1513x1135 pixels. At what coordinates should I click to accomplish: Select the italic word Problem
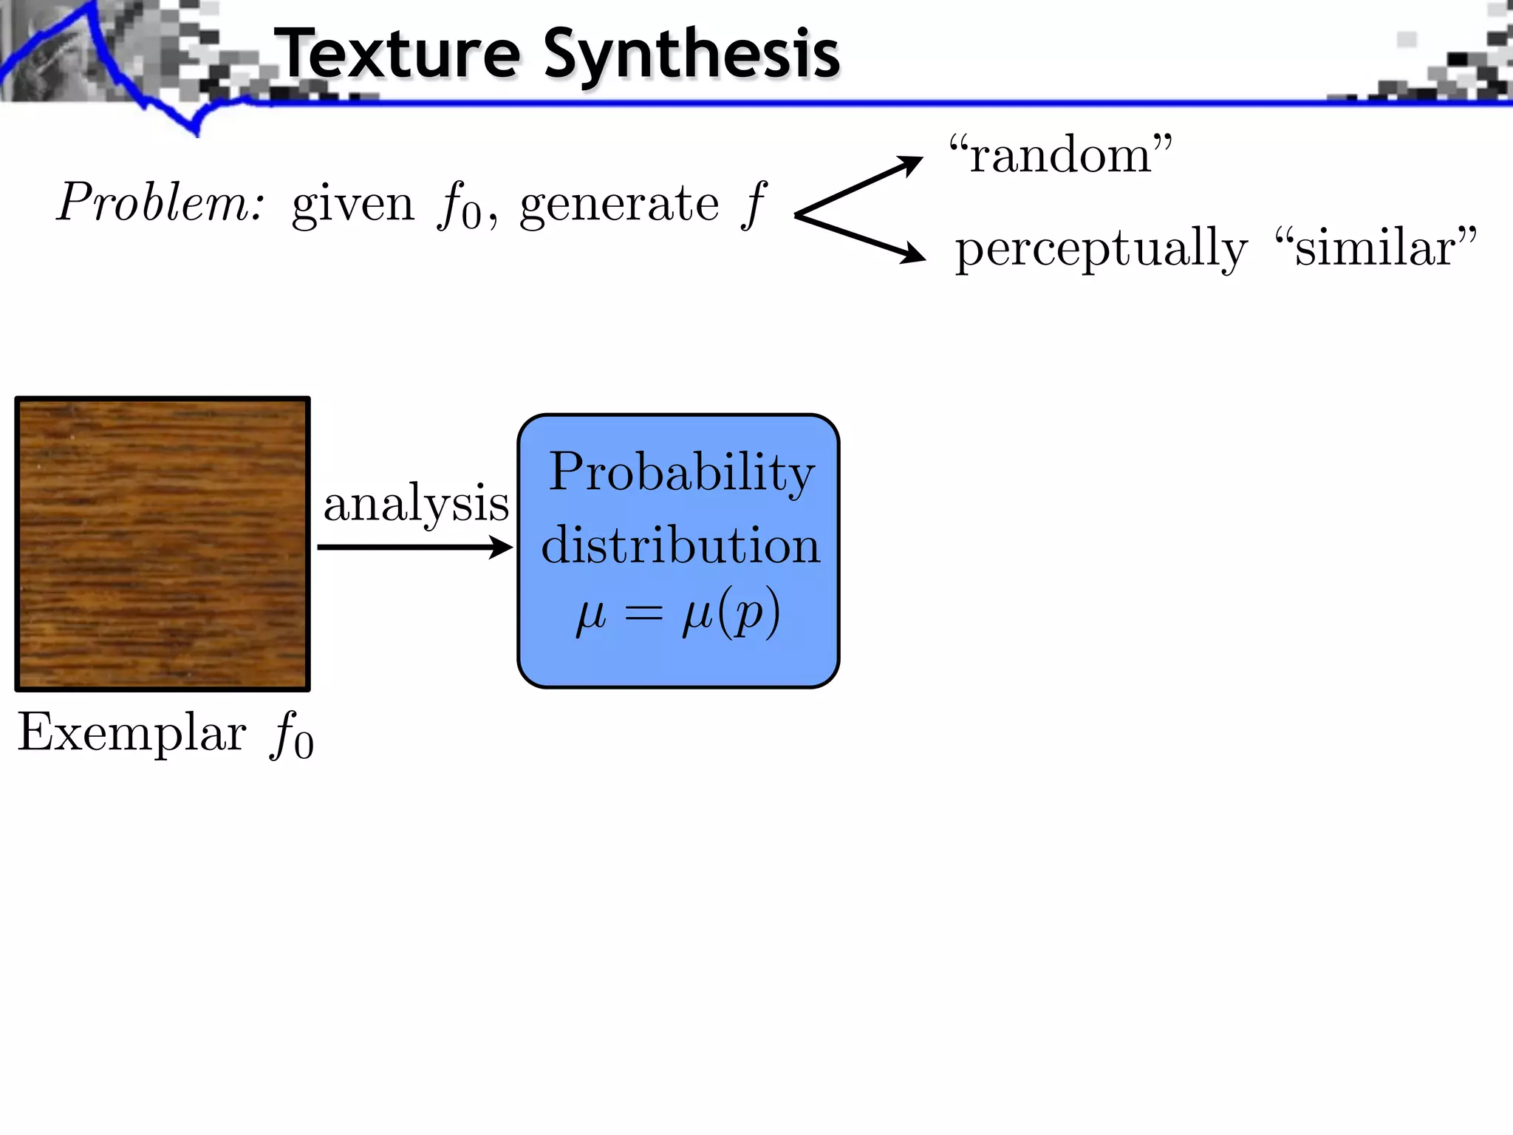point(160,202)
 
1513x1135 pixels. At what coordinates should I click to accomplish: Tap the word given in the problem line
point(353,204)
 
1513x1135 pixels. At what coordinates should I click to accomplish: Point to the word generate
point(619,204)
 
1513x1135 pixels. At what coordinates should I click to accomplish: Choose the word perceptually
point(1101,250)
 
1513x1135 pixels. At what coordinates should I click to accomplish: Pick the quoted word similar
point(1376,247)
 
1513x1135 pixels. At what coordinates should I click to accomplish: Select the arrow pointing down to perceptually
point(861,238)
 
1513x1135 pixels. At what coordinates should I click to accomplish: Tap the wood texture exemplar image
point(163,544)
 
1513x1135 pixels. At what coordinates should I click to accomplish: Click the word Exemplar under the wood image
point(132,733)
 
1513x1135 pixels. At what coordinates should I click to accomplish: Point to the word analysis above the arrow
point(416,504)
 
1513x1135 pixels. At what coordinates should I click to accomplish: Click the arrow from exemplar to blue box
point(414,548)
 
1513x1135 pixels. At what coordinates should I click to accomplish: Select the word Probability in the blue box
point(681,473)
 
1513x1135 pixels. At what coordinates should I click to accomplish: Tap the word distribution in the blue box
point(680,546)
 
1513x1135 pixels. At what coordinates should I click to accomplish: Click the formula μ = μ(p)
point(678,613)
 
